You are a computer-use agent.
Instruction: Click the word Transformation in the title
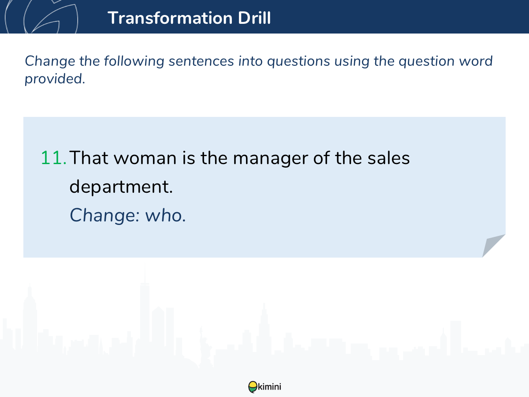pos(170,18)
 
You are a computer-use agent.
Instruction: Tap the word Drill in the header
pos(254,18)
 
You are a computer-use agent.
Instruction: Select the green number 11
pos(53,158)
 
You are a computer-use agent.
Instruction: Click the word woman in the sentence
pos(145,158)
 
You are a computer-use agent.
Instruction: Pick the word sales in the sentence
pos(388,158)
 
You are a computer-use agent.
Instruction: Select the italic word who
pos(165,216)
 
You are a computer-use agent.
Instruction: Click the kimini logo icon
pos(253,387)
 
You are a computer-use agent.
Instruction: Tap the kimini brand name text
pos(269,387)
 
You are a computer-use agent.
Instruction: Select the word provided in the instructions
pos(55,79)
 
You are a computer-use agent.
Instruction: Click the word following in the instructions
pos(134,61)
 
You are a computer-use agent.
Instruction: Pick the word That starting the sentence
pos(89,158)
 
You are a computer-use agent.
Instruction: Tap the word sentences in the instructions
pos(201,61)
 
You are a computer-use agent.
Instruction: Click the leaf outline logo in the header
pos(41,17)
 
